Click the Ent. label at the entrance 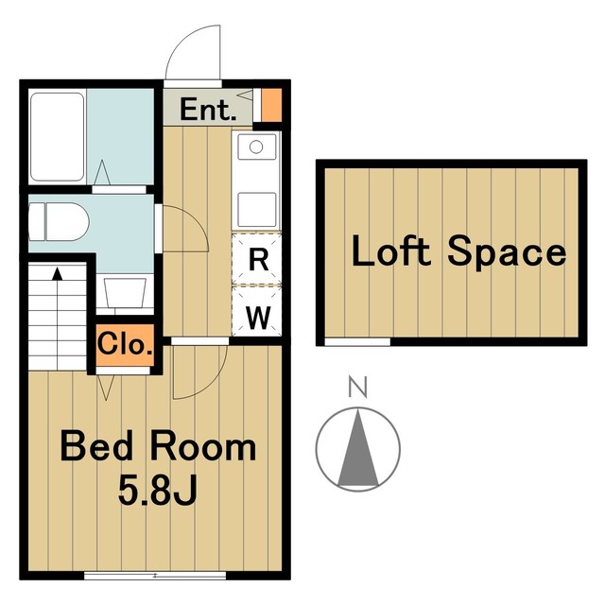point(208,110)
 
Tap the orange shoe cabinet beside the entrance point(271,105)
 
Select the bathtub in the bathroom point(57,136)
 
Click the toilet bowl point(59,222)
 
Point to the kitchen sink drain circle point(256,147)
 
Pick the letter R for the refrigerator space point(258,260)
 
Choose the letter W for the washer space point(258,318)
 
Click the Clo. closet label point(125,343)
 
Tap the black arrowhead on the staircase point(58,273)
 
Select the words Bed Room point(158,446)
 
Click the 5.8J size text point(158,490)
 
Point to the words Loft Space point(458,251)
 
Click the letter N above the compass point(357,386)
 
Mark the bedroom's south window point(155,576)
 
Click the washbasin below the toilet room point(125,292)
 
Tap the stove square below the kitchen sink point(257,210)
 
